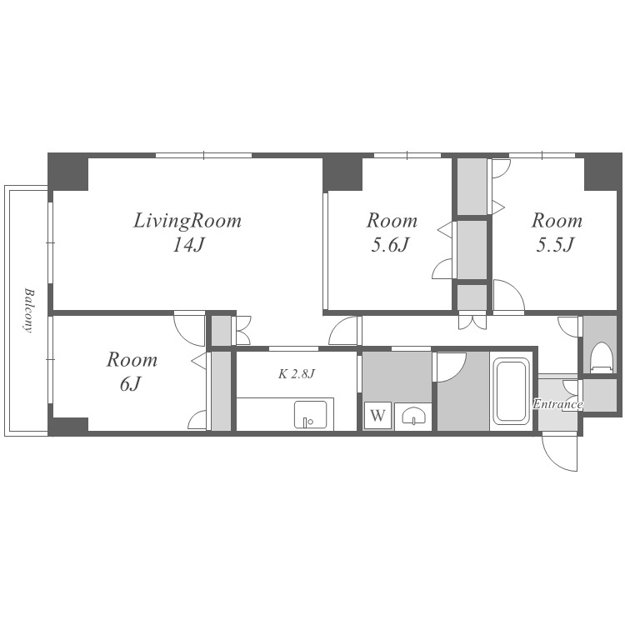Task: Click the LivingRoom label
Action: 187,221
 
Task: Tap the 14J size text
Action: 188,245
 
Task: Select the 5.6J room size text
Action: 390,245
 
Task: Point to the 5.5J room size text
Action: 554,245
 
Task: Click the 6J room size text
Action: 131,384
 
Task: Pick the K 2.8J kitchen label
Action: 297,374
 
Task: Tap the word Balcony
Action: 27,310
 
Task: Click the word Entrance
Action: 557,404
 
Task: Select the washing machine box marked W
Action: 377,416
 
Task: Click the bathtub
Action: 512,391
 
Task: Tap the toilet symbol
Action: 600,357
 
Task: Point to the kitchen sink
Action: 310,414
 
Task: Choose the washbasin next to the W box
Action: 413,417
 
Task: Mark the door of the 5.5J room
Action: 509,295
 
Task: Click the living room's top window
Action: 203,155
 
